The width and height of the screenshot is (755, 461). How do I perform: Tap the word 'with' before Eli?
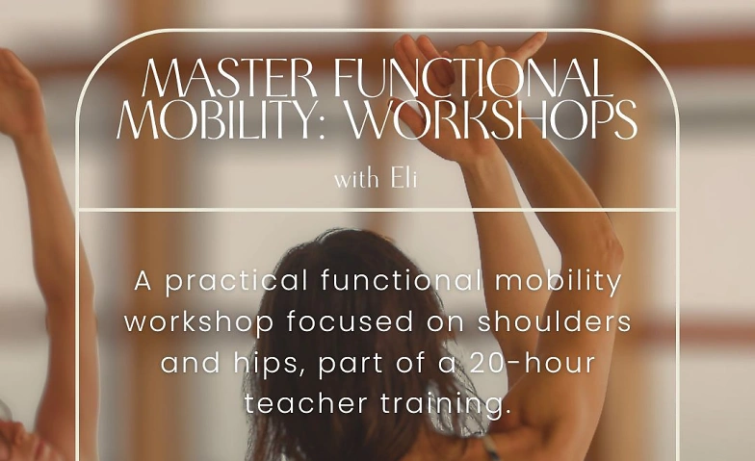(355, 179)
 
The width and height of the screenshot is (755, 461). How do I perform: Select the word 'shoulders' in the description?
(557, 321)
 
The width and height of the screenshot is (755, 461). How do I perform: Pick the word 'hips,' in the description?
(267, 363)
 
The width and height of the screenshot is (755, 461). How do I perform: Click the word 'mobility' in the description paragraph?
(559, 282)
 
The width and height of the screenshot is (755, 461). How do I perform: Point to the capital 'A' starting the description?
(143, 282)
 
